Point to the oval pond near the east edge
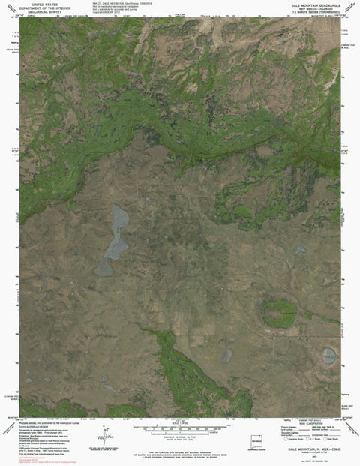point(329,355)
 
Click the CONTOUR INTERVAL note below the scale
point(180,435)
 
